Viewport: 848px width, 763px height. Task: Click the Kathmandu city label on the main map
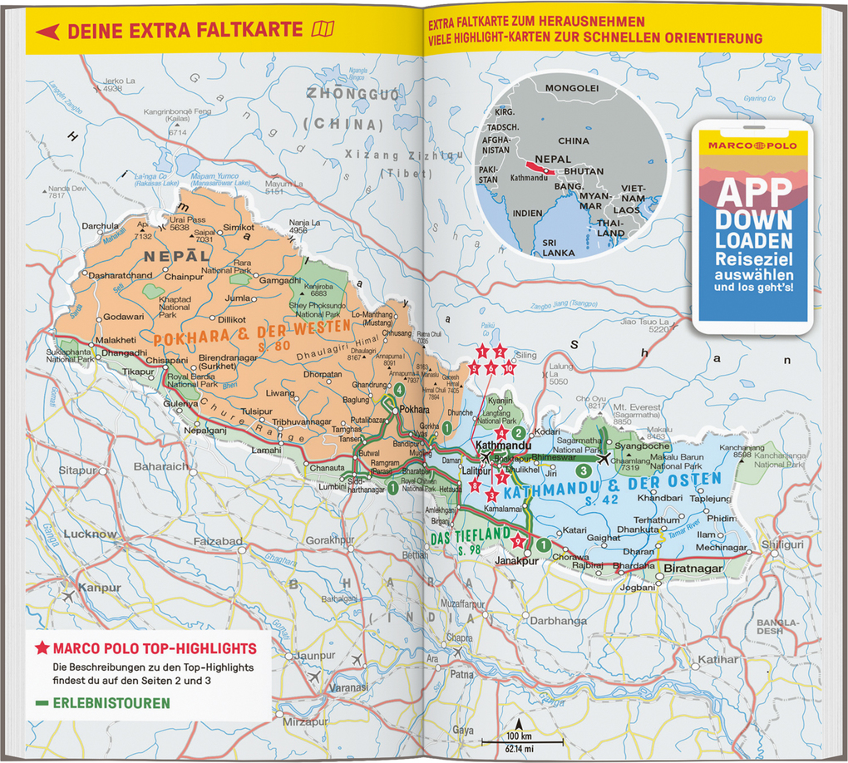[x=503, y=446]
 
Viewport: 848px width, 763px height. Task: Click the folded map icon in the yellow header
[x=322, y=31]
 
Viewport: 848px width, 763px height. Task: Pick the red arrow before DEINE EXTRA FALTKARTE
[x=48, y=32]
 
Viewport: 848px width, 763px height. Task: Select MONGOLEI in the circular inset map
[x=572, y=87]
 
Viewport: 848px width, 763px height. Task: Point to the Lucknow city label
[x=90, y=534]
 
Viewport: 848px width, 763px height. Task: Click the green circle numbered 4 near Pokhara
[x=400, y=390]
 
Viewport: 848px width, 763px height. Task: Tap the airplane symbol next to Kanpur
[x=67, y=597]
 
